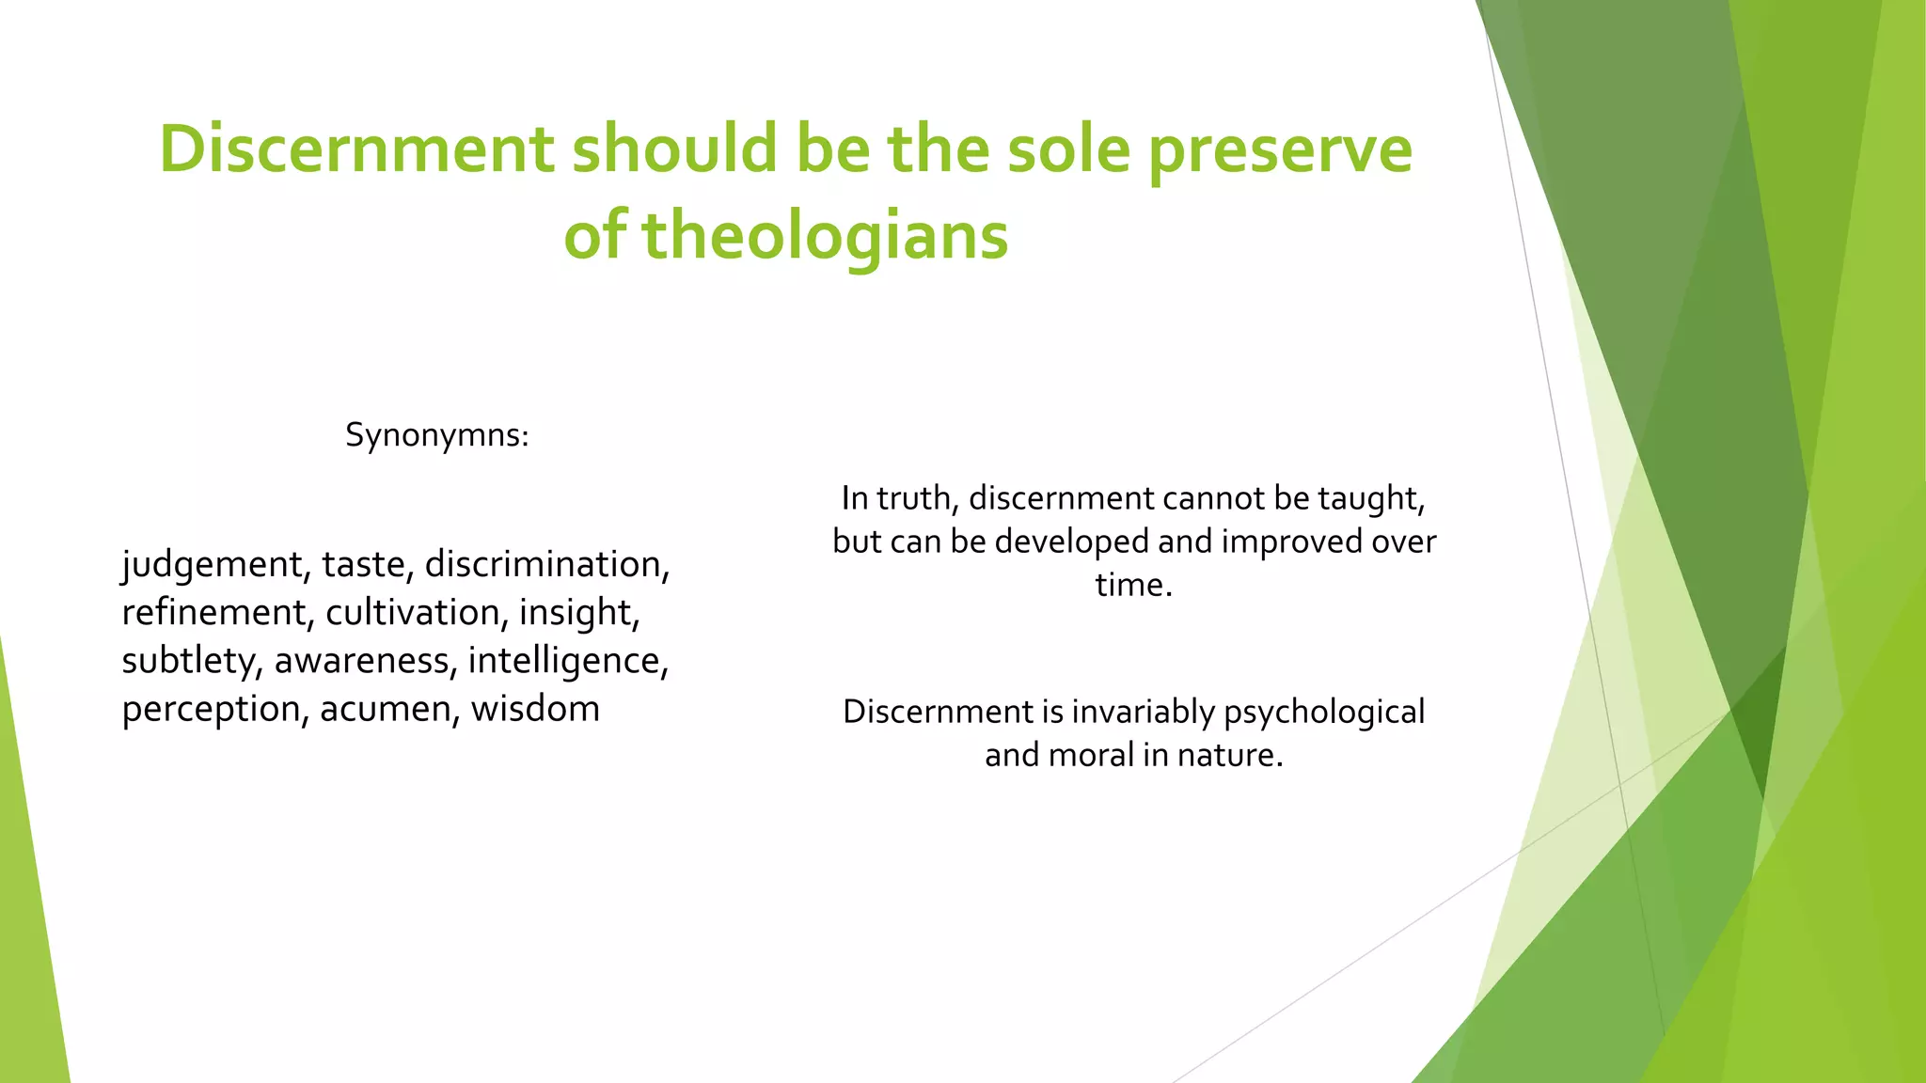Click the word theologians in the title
coord(825,235)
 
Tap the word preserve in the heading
coord(1280,150)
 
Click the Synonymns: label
coord(437,435)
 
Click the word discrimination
coord(546,564)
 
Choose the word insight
coord(578,613)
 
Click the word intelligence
coord(567,661)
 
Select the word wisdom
coord(535,709)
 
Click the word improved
coord(1291,541)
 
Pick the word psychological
coord(1324,713)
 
